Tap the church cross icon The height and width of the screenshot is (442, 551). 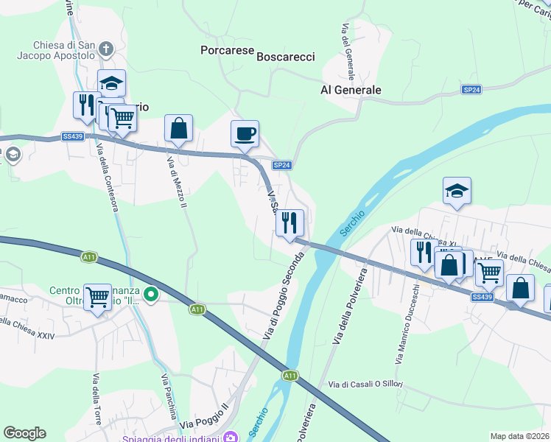[108, 50]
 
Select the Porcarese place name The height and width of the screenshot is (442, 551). [227, 50]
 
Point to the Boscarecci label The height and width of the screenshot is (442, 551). [285, 56]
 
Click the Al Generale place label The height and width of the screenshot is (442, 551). [351, 90]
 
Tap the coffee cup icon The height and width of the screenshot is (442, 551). [245, 134]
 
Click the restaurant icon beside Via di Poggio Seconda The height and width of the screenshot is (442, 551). [289, 222]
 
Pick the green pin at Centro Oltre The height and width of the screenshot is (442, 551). [151, 295]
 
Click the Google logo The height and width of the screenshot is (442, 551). [24, 433]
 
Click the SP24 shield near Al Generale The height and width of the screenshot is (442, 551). [471, 89]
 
